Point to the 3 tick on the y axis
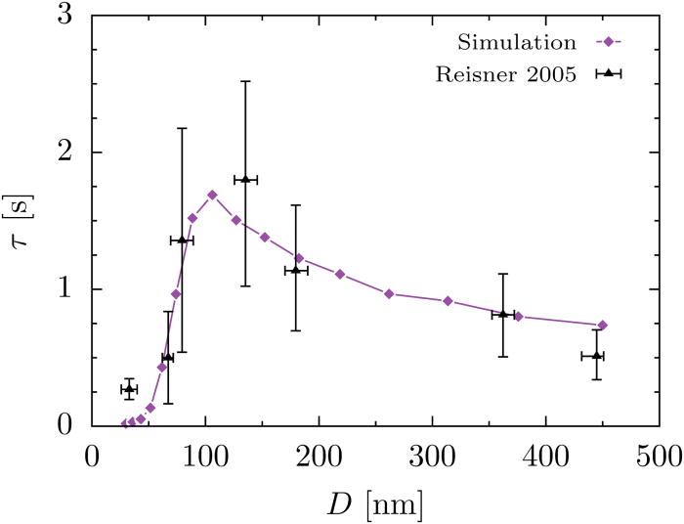point(77,18)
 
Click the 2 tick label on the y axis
point(77,153)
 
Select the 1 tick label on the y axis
point(77,289)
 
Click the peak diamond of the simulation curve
point(212,196)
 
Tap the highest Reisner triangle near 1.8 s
point(245,180)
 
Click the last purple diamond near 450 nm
point(603,326)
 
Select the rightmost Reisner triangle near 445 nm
point(597,355)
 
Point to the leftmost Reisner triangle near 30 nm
point(129,389)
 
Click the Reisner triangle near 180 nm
point(296,270)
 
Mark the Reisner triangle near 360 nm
point(503,314)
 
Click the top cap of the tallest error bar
point(245,81)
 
